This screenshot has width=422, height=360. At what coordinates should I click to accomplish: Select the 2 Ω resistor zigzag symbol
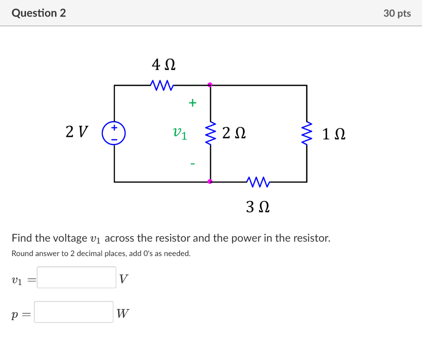click(x=211, y=133)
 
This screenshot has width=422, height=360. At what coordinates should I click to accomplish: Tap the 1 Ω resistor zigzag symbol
click(x=307, y=133)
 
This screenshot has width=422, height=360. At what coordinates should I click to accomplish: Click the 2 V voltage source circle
click(x=114, y=133)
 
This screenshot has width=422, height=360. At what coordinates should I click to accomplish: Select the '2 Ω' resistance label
click(x=234, y=133)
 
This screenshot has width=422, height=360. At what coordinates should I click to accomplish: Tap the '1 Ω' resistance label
click(x=334, y=134)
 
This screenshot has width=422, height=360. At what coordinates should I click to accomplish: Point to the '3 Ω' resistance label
click(x=258, y=207)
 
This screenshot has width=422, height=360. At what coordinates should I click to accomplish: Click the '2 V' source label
click(x=77, y=132)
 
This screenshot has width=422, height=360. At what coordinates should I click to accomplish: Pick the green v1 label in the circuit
click(x=180, y=133)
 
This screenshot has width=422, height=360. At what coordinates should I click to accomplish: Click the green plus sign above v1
click(x=192, y=103)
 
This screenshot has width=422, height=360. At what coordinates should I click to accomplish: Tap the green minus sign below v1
click(x=192, y=164)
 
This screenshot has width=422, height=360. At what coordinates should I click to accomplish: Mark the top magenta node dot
click(x=210, y=85)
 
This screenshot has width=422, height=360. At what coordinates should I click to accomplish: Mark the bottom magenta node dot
click(x=210, y=181)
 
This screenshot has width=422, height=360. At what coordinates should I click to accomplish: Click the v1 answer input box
click(x=76, y=278)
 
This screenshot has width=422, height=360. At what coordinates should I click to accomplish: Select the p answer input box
click(x=73, y=312)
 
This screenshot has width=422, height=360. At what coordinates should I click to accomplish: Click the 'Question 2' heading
click(x=39, y=13)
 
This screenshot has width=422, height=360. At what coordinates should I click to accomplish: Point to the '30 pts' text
click(x=397, y=13)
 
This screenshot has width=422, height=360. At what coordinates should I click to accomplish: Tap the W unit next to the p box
click(x=122, y=314)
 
